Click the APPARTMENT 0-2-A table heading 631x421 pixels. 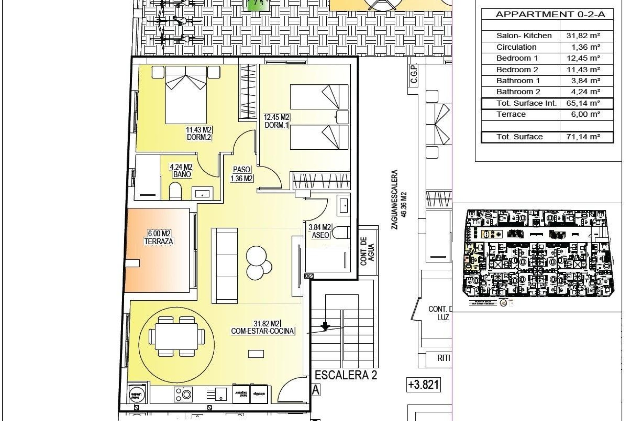[550, 14]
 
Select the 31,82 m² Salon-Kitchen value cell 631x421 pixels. [583, 36]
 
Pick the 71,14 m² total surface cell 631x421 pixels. [583, 137]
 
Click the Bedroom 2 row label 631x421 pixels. [517, 70]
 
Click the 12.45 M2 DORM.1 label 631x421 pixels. [276, 121]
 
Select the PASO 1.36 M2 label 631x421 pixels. [242, 174]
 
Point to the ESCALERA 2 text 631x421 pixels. [345, 375]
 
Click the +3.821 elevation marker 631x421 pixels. [423, 384]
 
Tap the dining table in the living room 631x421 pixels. [176, 336]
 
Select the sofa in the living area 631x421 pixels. [225, 265]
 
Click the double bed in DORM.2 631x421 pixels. [186, 91]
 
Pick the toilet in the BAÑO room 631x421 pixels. [175, 192]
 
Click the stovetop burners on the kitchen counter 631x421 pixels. [183, 394]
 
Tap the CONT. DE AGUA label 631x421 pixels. [367, 251]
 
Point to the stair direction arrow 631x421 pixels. [325, 326]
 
